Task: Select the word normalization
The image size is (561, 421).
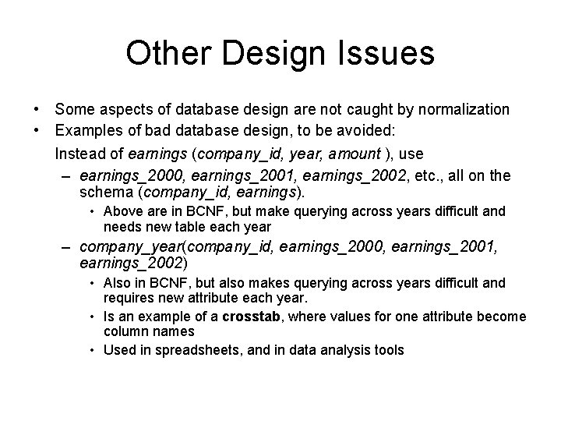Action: click(465, 109)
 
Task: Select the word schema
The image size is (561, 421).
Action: click(105, 192)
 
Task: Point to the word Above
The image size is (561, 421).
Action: click(122, 210)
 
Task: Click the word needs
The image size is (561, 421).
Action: click(122, 227)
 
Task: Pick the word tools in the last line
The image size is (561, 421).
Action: click(388, 350)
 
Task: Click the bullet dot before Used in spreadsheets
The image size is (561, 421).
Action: click(91, 350)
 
